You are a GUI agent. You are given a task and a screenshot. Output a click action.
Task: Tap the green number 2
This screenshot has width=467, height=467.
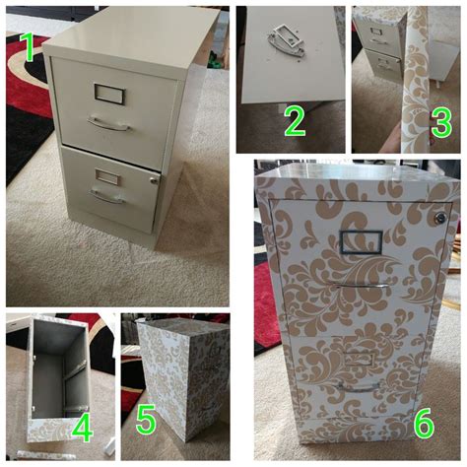(295, 121)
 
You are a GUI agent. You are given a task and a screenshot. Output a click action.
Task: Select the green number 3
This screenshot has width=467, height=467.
(441, 123)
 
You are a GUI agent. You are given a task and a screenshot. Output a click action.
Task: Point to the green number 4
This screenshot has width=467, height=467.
(82, 428)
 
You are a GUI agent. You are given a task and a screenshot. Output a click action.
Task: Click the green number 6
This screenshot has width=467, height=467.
(424, 424)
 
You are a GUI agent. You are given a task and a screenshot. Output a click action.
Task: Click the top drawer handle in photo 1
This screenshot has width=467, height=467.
(108, 123)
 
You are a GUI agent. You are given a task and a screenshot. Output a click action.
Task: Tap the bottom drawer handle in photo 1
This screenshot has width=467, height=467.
(107, 196)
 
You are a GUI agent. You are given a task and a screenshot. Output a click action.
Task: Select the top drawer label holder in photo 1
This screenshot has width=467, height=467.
(105, 93)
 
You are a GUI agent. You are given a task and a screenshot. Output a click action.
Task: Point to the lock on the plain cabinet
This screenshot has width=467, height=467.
(154, 180)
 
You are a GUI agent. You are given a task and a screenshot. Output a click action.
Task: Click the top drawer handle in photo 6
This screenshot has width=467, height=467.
(362, 286)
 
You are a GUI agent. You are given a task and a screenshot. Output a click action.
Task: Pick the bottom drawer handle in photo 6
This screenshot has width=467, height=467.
(358, 387)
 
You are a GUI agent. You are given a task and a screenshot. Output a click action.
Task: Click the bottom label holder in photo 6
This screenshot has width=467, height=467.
(359, 359)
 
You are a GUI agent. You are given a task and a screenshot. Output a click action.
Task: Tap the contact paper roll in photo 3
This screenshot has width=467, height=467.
(415, 79)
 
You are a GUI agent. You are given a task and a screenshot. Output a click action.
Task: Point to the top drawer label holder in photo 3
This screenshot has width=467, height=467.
(375, 32)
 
